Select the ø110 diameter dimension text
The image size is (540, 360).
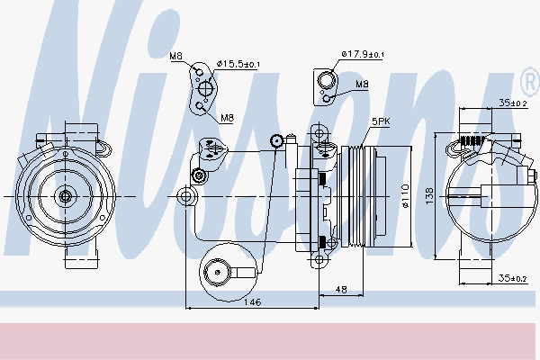coord(406,196)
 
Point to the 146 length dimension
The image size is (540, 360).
coord(253,302)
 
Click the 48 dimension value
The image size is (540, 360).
coord(341,290)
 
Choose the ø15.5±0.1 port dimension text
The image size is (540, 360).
coord(238,64)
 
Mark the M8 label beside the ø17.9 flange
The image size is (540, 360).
coord(362,85)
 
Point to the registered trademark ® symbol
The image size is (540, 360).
coord(526,76)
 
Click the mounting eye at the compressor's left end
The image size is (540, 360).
coord(186,195)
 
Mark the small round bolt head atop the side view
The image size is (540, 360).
coord(278,139)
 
